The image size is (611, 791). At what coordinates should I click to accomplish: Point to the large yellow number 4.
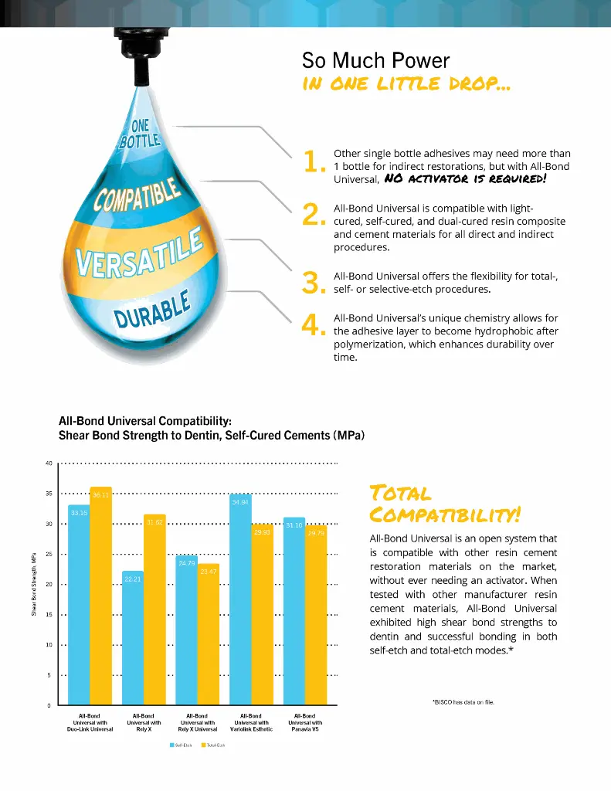313,327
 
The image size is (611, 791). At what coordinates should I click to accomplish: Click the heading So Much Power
375,60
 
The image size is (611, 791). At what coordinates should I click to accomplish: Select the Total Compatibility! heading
443,503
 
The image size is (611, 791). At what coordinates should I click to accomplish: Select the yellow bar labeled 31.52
154,610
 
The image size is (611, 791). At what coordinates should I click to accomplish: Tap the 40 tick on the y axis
48,463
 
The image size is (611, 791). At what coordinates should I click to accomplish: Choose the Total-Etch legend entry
213,744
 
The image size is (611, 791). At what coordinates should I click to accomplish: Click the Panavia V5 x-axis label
304,722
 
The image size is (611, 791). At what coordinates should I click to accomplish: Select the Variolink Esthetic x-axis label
251,722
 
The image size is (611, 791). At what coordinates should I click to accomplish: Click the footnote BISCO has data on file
463,701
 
